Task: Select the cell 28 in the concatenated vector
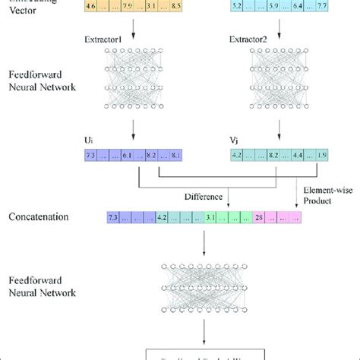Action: [259, 218]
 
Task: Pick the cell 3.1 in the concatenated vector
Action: [210, 218]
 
